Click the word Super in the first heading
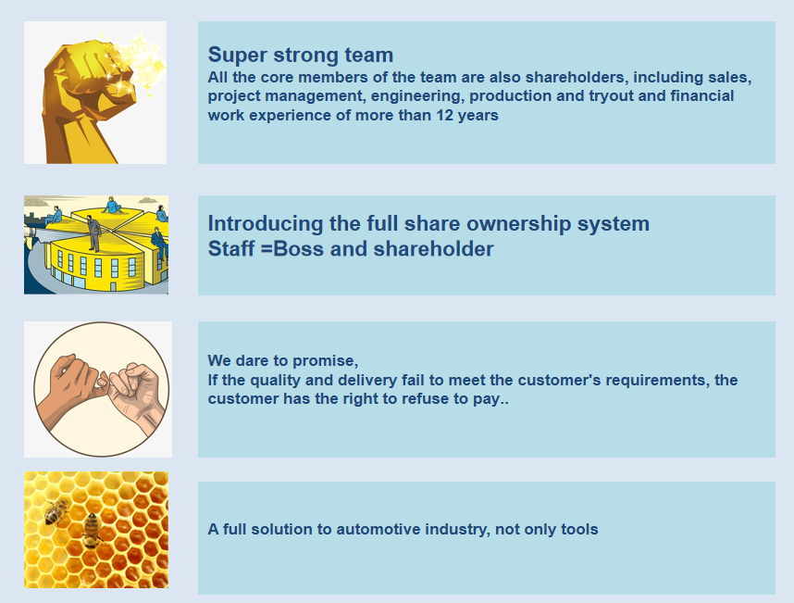tap(237, 56)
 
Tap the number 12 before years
tap(444, 115)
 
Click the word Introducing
tap(266, 223)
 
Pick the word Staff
tap(231, 249)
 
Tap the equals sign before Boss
tap(267, 249)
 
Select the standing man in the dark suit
tap(93, 233)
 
